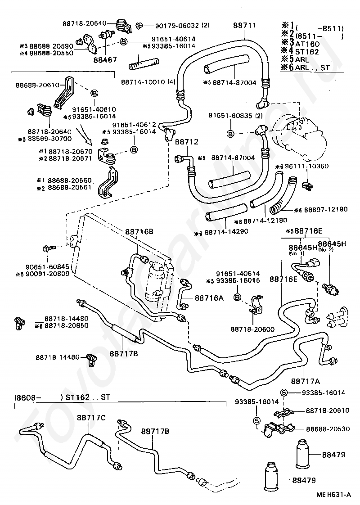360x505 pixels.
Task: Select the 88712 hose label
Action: click(x=186, y=142)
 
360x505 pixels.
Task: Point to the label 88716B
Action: click(x=139, y=231)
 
